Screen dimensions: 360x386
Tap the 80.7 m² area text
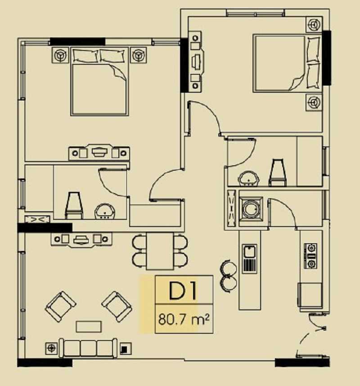tap(184, 319)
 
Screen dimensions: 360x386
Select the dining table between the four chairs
tap(160, 251)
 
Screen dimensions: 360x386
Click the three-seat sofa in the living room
tap(88, 348)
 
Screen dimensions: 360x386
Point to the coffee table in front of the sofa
tap(89, 327)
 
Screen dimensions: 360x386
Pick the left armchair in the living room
tap(60, 306)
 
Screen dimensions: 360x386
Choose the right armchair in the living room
tap(117, 306)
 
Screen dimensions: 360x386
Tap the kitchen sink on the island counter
tap(250, 259)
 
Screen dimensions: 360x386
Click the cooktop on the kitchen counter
tap(310, 256)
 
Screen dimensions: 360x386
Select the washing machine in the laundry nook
tap(251, 209)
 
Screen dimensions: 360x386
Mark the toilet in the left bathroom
tap(74, 205)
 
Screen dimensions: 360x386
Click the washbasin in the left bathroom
tap(105, 211)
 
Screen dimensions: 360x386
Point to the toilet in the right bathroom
tap(278, 173)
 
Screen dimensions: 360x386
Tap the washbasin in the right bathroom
tap(248, 178)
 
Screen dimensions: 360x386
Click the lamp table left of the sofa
tap(51, 348)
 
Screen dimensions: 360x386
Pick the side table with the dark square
tap(125, 349)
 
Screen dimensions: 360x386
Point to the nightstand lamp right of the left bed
tap(139, 55)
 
